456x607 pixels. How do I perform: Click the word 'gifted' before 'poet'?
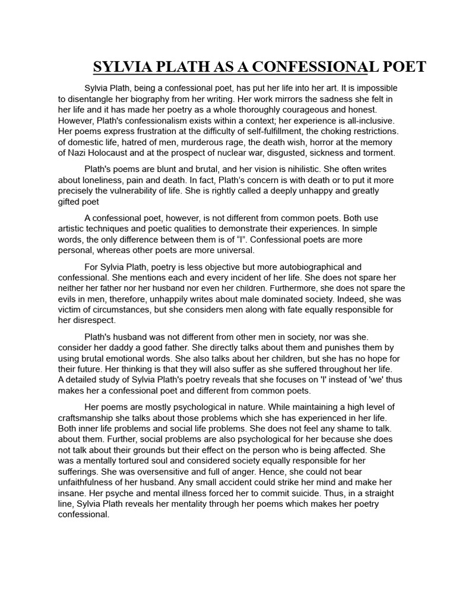[x=71, y=202]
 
